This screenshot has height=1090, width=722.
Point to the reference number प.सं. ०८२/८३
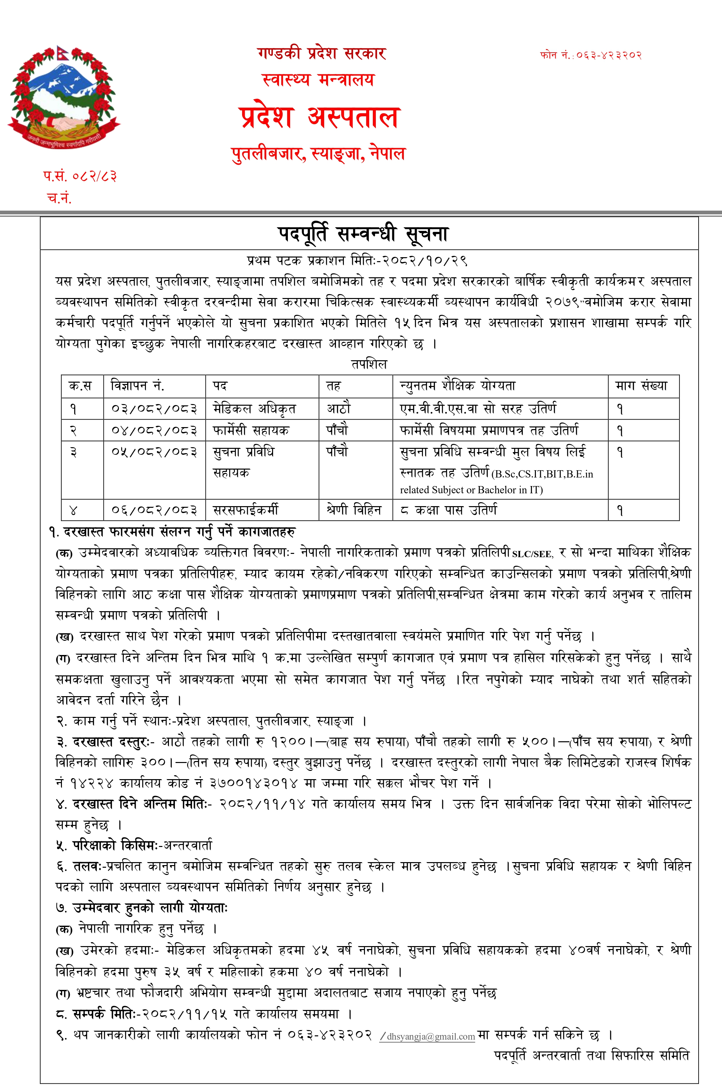(80, 176)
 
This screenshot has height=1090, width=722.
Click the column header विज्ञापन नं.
(138, 385)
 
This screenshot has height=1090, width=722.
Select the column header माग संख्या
(641, 385)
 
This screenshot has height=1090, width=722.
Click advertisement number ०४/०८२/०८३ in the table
(154, 430)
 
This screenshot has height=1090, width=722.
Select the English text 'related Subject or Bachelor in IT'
(471, 490)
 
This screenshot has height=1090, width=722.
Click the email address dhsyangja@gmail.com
(430, 1037)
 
